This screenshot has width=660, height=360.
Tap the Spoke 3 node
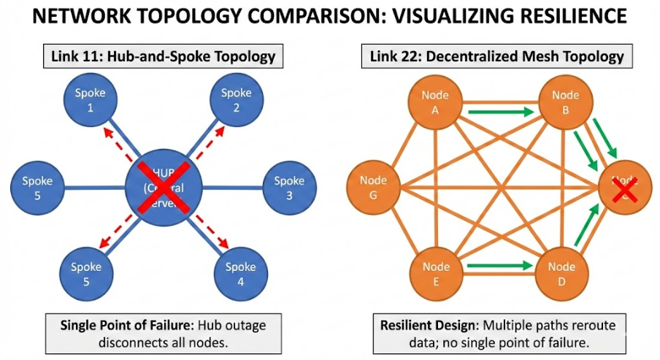click(288, 188)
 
